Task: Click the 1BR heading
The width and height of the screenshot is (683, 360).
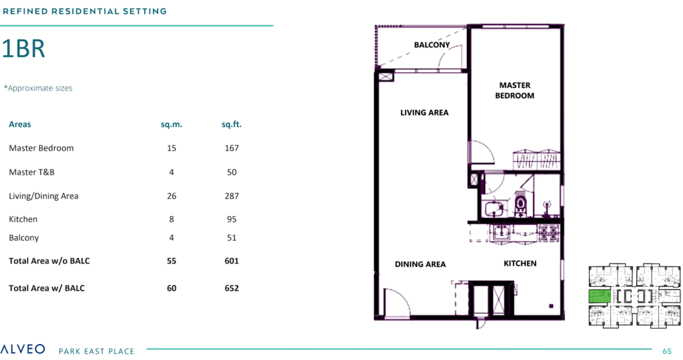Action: coord(23,48)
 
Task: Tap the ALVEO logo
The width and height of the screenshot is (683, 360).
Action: coord(23,349)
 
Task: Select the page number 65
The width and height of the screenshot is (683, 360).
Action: coord(667,351)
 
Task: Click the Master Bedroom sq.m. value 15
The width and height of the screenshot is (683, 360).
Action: coord(171,148)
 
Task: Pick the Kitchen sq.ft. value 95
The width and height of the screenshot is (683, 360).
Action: coord(231,219)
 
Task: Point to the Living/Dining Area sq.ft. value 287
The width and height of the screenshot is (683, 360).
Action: coord(231,196)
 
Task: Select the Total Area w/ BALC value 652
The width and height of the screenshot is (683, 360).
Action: coord(231,288)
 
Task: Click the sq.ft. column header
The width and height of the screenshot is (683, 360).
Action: coord(231,125)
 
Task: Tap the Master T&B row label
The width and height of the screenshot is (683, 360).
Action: coord(32,172)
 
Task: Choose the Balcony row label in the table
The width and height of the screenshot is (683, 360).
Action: coord(24,238)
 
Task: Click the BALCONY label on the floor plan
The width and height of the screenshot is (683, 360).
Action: coord(432,45)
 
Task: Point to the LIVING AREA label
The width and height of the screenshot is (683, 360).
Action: coord(424,113)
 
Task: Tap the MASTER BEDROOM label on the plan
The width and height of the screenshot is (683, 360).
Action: coord(514,91)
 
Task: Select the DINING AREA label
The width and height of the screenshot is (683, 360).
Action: coord(420,264)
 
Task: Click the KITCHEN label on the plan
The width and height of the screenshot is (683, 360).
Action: coord(520,263)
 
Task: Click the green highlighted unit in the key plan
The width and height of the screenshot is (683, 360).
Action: coord(600,296)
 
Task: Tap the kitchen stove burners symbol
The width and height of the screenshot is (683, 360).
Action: coord(549,233)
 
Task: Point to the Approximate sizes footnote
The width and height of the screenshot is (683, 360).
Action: coord(38,88)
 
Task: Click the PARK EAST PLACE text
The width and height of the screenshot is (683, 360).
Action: coord(96,351)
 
